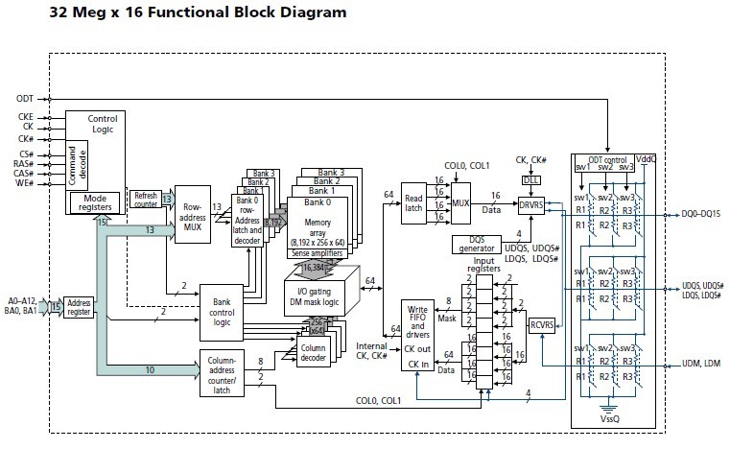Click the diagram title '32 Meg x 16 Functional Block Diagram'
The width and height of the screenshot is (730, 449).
pos(182,13)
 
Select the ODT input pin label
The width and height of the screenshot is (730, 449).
pos(25,99)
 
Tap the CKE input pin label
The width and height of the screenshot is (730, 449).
pos(25,116)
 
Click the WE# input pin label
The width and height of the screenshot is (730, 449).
pos(25,182)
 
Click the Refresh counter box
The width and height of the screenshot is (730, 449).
pos(145,199)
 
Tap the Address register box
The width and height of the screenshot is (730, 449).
pos(79,308)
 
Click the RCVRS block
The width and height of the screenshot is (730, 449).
pos(543,325)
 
